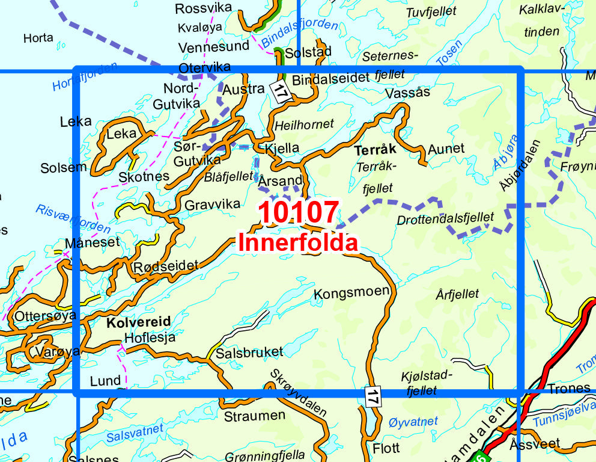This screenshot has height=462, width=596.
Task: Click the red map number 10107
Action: coord(298,214)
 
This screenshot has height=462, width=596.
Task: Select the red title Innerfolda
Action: coord(298,243)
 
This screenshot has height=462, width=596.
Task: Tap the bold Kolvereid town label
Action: coord(138,322)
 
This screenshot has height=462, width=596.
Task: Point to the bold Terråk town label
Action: coord(376,150)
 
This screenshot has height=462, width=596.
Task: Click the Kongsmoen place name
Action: coord(351,294)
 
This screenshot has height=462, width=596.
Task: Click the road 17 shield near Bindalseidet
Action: coord(280,91)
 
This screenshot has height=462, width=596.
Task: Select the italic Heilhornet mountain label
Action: coord(304,125)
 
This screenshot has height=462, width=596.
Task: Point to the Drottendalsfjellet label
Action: coord(445,219)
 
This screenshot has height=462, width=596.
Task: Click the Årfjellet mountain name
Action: coord(458,294)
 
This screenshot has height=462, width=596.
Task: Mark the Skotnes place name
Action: coord(144,177)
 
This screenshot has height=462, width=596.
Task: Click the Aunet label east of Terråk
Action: coord(446,149)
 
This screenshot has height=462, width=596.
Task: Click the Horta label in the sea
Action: coord(38,38)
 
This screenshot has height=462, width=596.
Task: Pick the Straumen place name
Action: coord(254,416)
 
